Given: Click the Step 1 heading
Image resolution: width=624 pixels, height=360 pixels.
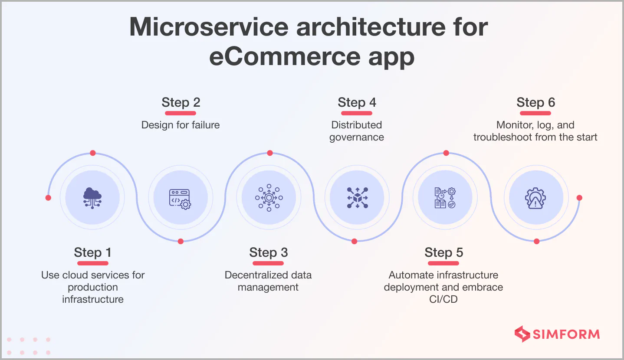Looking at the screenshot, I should (92, 252).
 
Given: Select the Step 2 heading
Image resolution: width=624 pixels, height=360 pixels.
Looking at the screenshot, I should (181, 102).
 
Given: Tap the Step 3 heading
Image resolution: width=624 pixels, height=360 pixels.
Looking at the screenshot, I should (268, 252).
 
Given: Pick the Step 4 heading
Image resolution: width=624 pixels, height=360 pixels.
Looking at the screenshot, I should (357, 102).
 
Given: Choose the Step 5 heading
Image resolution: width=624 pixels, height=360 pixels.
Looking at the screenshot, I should (443, 252).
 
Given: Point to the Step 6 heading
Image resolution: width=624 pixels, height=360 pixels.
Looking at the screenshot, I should (535, 102).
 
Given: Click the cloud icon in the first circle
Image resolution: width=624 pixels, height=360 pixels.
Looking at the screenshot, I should (92, 198).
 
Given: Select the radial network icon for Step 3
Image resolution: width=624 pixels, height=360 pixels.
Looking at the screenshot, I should (269, 198).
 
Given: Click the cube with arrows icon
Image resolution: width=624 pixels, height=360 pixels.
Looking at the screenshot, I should (357, 198).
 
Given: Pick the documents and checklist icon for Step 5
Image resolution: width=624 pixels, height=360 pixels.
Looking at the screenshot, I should (445, 198).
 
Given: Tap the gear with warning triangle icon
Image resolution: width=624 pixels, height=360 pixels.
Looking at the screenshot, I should (535, 198).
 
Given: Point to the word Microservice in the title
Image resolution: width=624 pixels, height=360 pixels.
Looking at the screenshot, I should (208, 27).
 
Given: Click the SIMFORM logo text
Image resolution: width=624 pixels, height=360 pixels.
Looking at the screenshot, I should (566, 334).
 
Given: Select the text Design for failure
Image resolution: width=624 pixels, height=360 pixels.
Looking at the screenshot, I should (181, 125).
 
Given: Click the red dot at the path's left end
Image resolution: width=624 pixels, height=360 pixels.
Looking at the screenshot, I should (48, 198).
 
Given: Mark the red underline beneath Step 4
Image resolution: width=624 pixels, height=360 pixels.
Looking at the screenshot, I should (357, 113).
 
